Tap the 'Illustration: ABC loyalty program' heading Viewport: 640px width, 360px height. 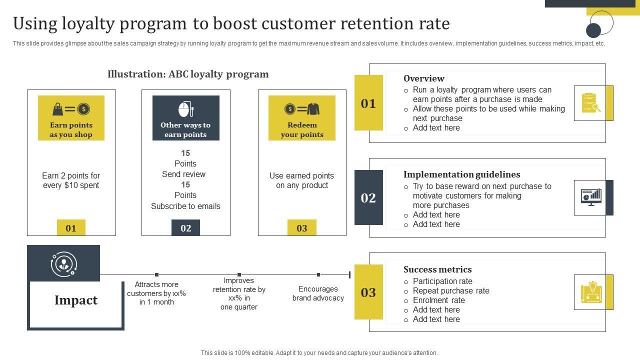[188, 74]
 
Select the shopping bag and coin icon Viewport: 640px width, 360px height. [71, 109]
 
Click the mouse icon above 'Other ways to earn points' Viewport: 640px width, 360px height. [185, 109]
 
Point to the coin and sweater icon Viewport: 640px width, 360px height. [302, 109]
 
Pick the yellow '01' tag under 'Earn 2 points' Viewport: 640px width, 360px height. [71, 228]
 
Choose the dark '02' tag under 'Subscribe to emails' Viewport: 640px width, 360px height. [185, 228]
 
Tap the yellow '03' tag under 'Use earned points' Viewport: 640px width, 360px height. [302, 228]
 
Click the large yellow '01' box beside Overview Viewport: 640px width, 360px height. [368, 103]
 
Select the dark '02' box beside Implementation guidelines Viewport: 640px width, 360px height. [368, 197]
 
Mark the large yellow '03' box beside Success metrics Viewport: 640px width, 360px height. [368, 292]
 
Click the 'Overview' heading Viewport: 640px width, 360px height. [424, 78]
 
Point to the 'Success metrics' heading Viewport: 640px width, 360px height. [437, 269]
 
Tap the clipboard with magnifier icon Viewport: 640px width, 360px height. [591, 102]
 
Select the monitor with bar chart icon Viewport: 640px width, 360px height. [591, 197]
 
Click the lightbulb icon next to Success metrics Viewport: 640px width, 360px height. [591, 292]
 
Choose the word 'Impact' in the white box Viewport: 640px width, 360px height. [76, 300]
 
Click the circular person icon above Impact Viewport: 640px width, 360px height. [63, 263]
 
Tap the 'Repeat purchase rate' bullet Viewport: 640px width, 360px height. [451, 291]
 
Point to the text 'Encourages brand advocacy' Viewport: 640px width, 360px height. [318, 293]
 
